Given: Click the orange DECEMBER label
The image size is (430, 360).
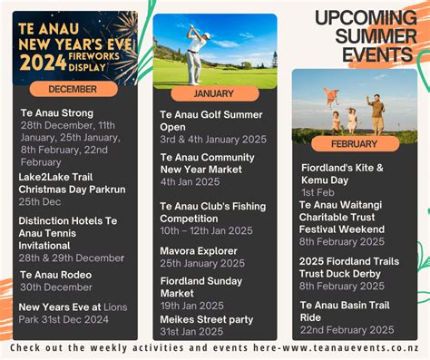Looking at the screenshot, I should tap(73, 89).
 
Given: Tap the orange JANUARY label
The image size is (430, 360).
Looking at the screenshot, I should tap(214, 93).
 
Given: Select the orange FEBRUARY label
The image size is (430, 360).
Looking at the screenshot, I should tap(354, 143).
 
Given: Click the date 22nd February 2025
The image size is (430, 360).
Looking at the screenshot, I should tap(347, 329).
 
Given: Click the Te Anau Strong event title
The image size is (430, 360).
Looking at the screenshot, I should tap(57, 113).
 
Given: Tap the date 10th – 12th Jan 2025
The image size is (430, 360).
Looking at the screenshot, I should tap(207, 230).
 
